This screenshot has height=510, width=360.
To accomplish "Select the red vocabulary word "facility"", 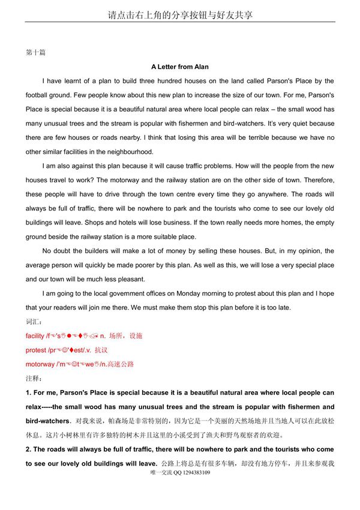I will [35, 336].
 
